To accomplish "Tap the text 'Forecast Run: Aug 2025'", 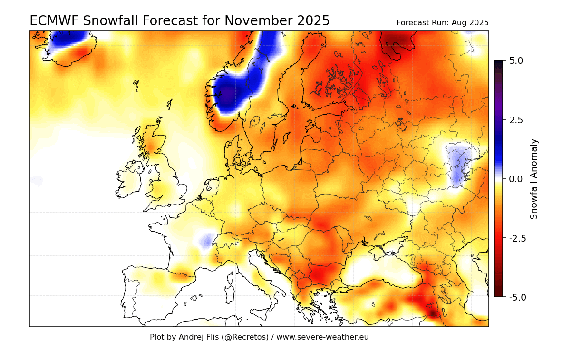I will tap(442, 23).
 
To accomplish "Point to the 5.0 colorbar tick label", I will tap(515, 61).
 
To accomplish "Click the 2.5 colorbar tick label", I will tap(515, 120).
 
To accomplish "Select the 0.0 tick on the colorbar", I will tap(515, 179).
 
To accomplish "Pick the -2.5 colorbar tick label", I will tap(517, 238).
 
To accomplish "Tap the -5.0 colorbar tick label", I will tap(517, 297).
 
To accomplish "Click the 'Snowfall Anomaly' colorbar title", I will tap(534, 179).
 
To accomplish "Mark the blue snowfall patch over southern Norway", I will tap(231, 93).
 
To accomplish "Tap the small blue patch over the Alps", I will tap(207, 242).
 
